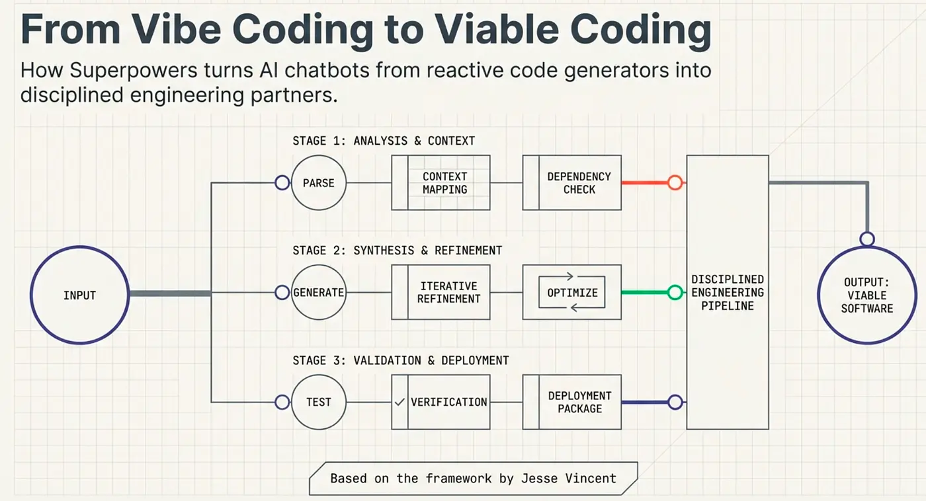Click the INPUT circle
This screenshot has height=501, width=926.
(79, 295)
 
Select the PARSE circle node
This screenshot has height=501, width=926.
(318, 183)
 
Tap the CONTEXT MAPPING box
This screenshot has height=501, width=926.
(444, 183)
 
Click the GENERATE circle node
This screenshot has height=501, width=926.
(318, 292)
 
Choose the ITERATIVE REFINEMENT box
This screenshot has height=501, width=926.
(449, 292)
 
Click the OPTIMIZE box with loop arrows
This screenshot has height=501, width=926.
(572, 292)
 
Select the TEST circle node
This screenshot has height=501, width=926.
(318, 402)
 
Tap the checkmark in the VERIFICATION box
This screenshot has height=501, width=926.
(400, 402)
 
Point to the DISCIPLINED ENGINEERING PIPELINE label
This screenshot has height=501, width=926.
(727, 292)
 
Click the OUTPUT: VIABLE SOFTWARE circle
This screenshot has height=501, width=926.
(866, 295)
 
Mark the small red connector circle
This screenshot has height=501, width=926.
(675, 183)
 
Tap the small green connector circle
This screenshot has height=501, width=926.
(675, 292)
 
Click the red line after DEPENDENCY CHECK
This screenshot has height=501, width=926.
(644, 183)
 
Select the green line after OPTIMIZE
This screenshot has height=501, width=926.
(644, 292)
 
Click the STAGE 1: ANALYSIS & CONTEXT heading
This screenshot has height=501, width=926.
(384, 141)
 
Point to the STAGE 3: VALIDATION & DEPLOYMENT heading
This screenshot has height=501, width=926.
(401, 360)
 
